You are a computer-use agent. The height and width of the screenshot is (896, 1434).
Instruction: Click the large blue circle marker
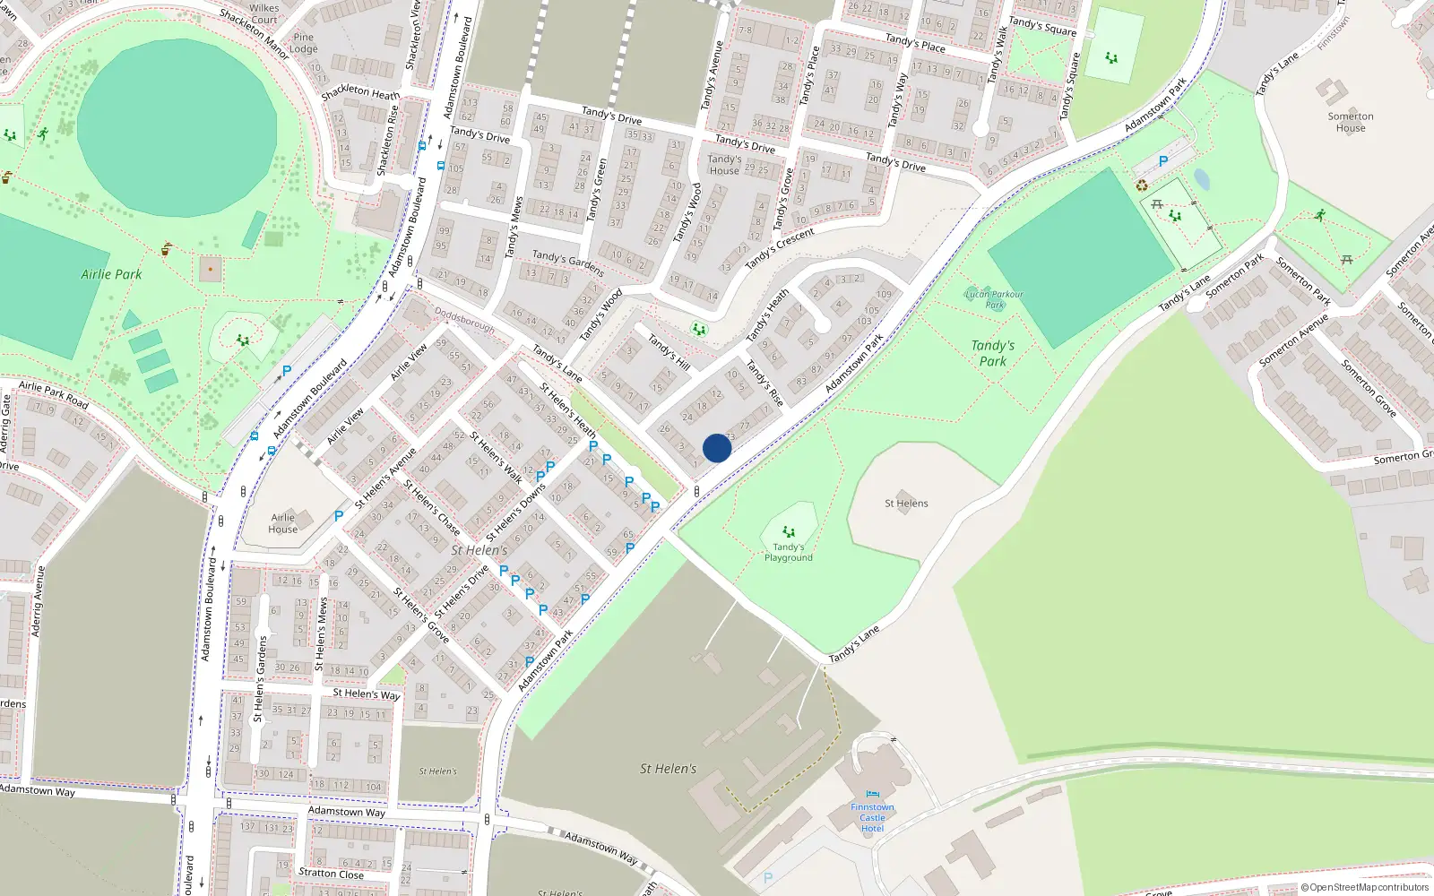[717, 448]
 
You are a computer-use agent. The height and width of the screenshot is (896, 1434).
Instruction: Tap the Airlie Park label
[111, 274]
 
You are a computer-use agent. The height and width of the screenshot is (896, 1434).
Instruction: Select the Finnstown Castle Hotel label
[872, 817]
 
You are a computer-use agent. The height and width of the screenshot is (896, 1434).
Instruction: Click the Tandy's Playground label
[789, 552]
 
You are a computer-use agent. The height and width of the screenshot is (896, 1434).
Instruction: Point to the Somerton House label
[1351, 122]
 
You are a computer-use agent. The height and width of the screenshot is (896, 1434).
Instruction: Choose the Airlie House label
[283, 523]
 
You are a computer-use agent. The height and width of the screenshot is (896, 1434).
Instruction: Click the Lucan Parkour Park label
[994, 299]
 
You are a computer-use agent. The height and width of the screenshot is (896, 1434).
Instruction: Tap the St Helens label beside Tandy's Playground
[906, 504]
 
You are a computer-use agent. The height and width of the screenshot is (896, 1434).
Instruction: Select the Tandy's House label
[724, 165]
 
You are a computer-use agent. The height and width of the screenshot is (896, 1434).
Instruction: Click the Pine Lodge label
[304, 44]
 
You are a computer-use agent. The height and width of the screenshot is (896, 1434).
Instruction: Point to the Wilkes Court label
[263, 13]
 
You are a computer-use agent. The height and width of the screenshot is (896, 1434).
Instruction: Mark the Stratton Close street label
[331, 873]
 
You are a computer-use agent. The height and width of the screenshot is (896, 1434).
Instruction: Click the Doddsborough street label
[464, 321]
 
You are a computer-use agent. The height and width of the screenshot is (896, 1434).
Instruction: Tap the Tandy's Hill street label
[669, 352]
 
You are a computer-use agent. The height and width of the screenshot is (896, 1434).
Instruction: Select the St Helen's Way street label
[366, 694]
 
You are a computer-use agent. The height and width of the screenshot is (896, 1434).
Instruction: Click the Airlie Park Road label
[54, 394]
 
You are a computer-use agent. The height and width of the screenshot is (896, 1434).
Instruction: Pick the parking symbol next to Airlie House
[339, 516]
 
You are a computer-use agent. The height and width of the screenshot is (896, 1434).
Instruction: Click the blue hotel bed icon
[872, 794]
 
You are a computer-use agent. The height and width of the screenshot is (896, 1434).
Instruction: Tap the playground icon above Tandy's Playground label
[789, 532]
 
